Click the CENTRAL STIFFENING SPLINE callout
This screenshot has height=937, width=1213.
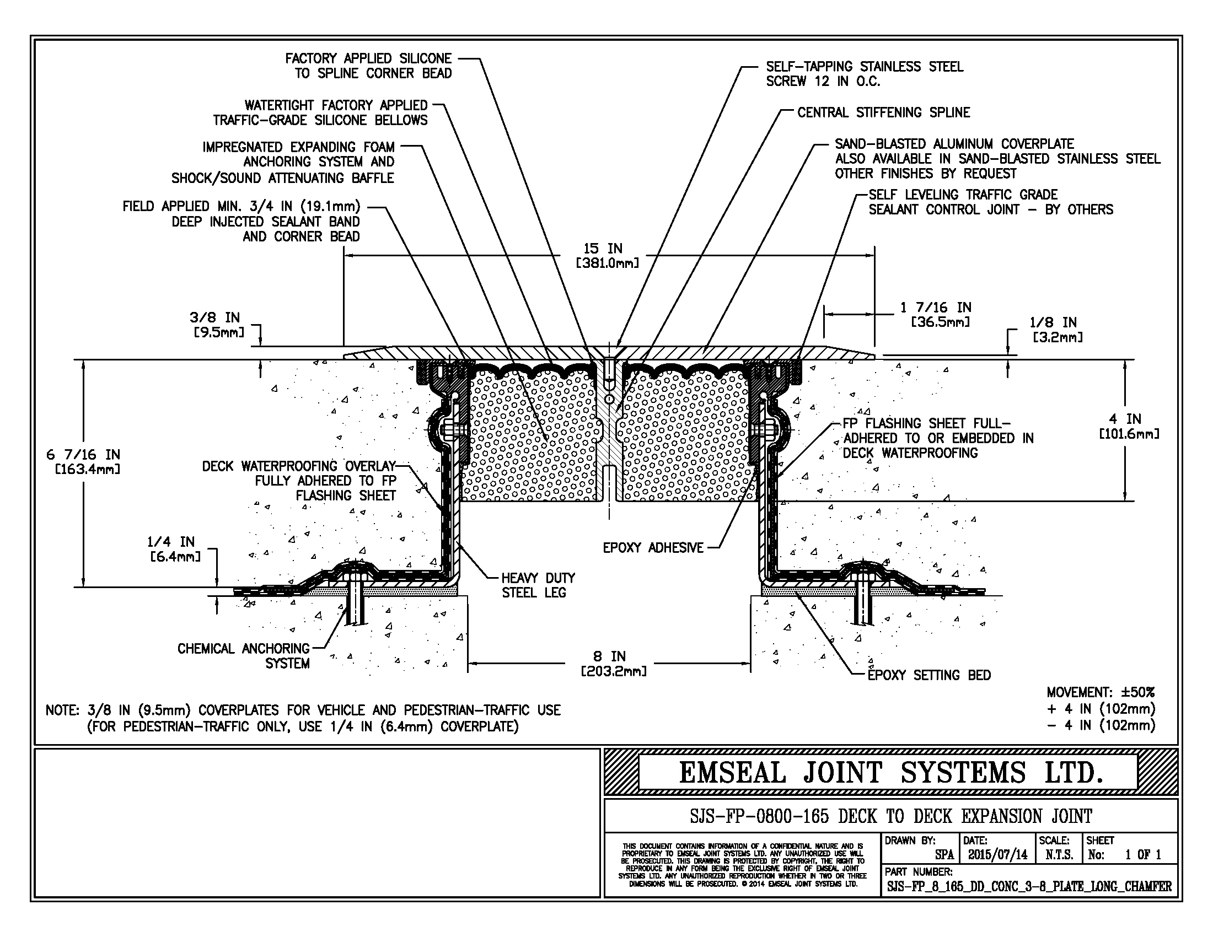[x=883, y=112]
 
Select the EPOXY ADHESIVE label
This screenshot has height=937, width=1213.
[x=653, y=548]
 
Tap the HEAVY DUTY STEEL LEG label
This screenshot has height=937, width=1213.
[x=538, y=585]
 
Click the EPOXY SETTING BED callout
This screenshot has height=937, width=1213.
[x=928, y=675]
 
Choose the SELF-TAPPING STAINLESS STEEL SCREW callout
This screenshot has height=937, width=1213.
[x=864, y=74]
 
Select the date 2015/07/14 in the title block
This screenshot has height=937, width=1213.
[x=997, y=855]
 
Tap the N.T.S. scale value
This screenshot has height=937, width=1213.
[x=1059, y=855]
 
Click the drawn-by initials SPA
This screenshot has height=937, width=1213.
[x=944, y=855]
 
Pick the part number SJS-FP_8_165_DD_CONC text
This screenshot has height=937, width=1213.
[x=1029, y=886]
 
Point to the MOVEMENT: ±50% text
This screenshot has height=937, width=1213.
[x=1101, y=692]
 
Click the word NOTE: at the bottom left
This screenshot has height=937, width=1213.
[x=63, y=710]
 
